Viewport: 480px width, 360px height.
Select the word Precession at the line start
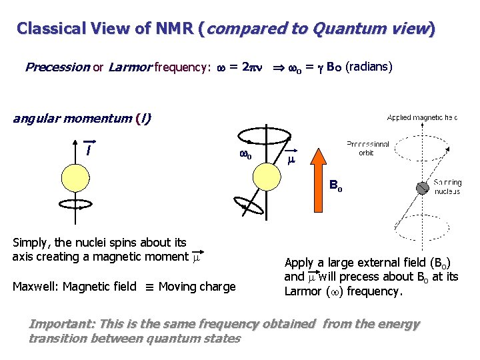pos(57,67)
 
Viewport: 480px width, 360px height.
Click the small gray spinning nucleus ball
pos(422,188)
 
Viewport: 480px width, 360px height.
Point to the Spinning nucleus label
pos(447,187)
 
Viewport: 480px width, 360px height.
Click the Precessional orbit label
pos(367,148)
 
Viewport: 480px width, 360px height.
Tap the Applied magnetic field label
pos(422,117)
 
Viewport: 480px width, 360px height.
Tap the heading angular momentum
pos(73,119)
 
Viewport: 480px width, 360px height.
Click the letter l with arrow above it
pos(88,149)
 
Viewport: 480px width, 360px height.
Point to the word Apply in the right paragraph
pos(299,263)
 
